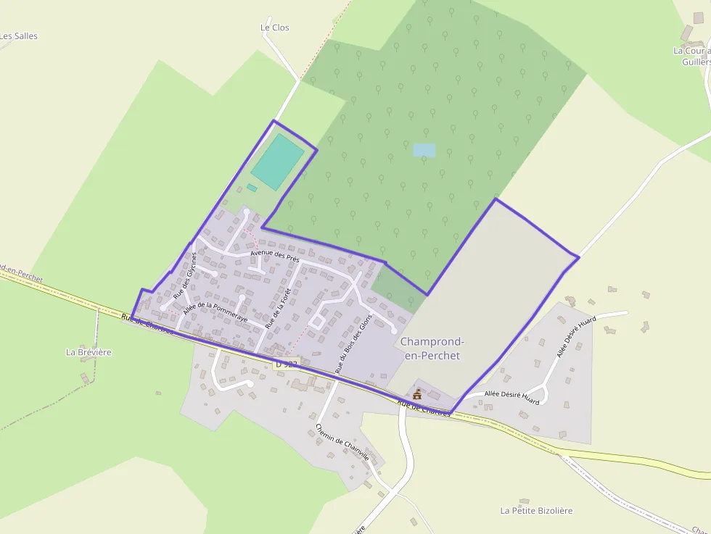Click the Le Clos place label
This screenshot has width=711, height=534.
point(274,28)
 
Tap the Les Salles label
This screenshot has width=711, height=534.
point(19,36)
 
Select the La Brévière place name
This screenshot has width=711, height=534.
point(89,352)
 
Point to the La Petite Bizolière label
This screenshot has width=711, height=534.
point(536,510)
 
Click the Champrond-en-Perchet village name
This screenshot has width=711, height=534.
point(432,349)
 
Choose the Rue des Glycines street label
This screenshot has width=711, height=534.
point(185,275)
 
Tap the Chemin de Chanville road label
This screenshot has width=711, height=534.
point(342,443)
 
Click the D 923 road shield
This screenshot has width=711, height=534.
point(287,364)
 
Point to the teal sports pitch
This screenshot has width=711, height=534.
point(277,161)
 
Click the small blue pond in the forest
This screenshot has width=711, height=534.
point(424,150)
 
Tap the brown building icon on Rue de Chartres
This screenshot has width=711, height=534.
point(417,394)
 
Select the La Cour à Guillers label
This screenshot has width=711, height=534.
point(692,56)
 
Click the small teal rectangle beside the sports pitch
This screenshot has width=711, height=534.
point(252,188)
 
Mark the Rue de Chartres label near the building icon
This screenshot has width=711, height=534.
point(424,408)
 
